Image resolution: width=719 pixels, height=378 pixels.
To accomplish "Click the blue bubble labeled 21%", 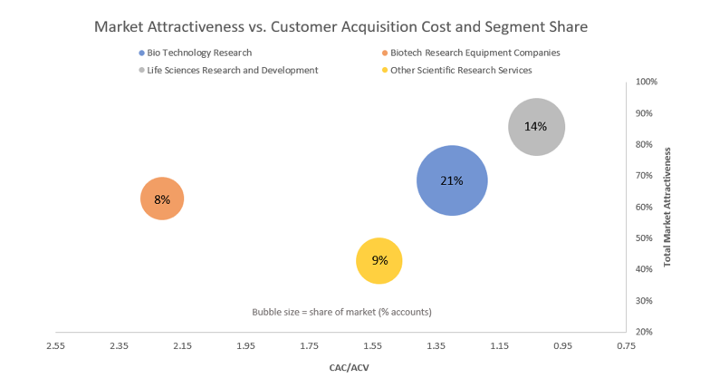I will pos(452,180).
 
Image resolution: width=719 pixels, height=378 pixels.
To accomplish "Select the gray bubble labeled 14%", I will pos(536,127).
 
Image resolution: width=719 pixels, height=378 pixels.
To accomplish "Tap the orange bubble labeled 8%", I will pos(162,199).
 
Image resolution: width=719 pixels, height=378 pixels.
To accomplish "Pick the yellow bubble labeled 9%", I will pos(379,261).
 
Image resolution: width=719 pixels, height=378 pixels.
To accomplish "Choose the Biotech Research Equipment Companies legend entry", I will pos(475,53).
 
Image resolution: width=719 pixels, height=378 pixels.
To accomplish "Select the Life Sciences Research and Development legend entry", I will pos(232,70).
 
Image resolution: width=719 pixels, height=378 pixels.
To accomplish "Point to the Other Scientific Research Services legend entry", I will pos(460,70).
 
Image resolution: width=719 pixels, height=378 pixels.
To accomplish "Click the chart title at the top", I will pos(340,26).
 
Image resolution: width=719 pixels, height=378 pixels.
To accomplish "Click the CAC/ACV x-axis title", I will pos(349,367).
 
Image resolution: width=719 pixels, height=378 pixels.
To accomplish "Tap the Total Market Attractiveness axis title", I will pos(667,207).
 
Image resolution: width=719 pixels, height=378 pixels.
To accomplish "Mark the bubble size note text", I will pos(341,312).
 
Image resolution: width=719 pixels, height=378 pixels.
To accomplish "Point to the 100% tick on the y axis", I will pos(646,82).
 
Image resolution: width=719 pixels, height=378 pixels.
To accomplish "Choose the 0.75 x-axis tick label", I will pos(626,345).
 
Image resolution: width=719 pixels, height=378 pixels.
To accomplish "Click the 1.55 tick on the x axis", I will pos(372,345).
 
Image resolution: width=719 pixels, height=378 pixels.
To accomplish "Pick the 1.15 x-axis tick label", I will pos(499,345).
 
